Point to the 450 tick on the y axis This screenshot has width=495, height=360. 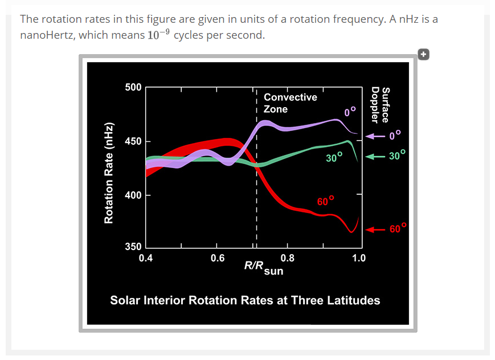tap(133, 141)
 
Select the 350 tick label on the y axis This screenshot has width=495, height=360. tap(133, 247)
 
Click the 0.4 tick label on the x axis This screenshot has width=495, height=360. tap(146, 258)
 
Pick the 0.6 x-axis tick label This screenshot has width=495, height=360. tap(217, 258)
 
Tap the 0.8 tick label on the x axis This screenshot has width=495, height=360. tap(288, 258)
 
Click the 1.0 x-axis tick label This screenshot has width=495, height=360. tap(359, 258)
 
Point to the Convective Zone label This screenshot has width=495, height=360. tap(290, 103)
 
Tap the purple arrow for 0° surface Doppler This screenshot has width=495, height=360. tap(376, 137)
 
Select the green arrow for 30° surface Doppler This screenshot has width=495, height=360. tap(376, 156)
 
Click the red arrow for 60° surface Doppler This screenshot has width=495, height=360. tap(376, 230)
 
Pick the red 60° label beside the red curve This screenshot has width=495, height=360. tap(325, 201)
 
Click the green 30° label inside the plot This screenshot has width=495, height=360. tap(334, 157)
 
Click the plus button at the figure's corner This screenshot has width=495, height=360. tap(423, 54)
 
